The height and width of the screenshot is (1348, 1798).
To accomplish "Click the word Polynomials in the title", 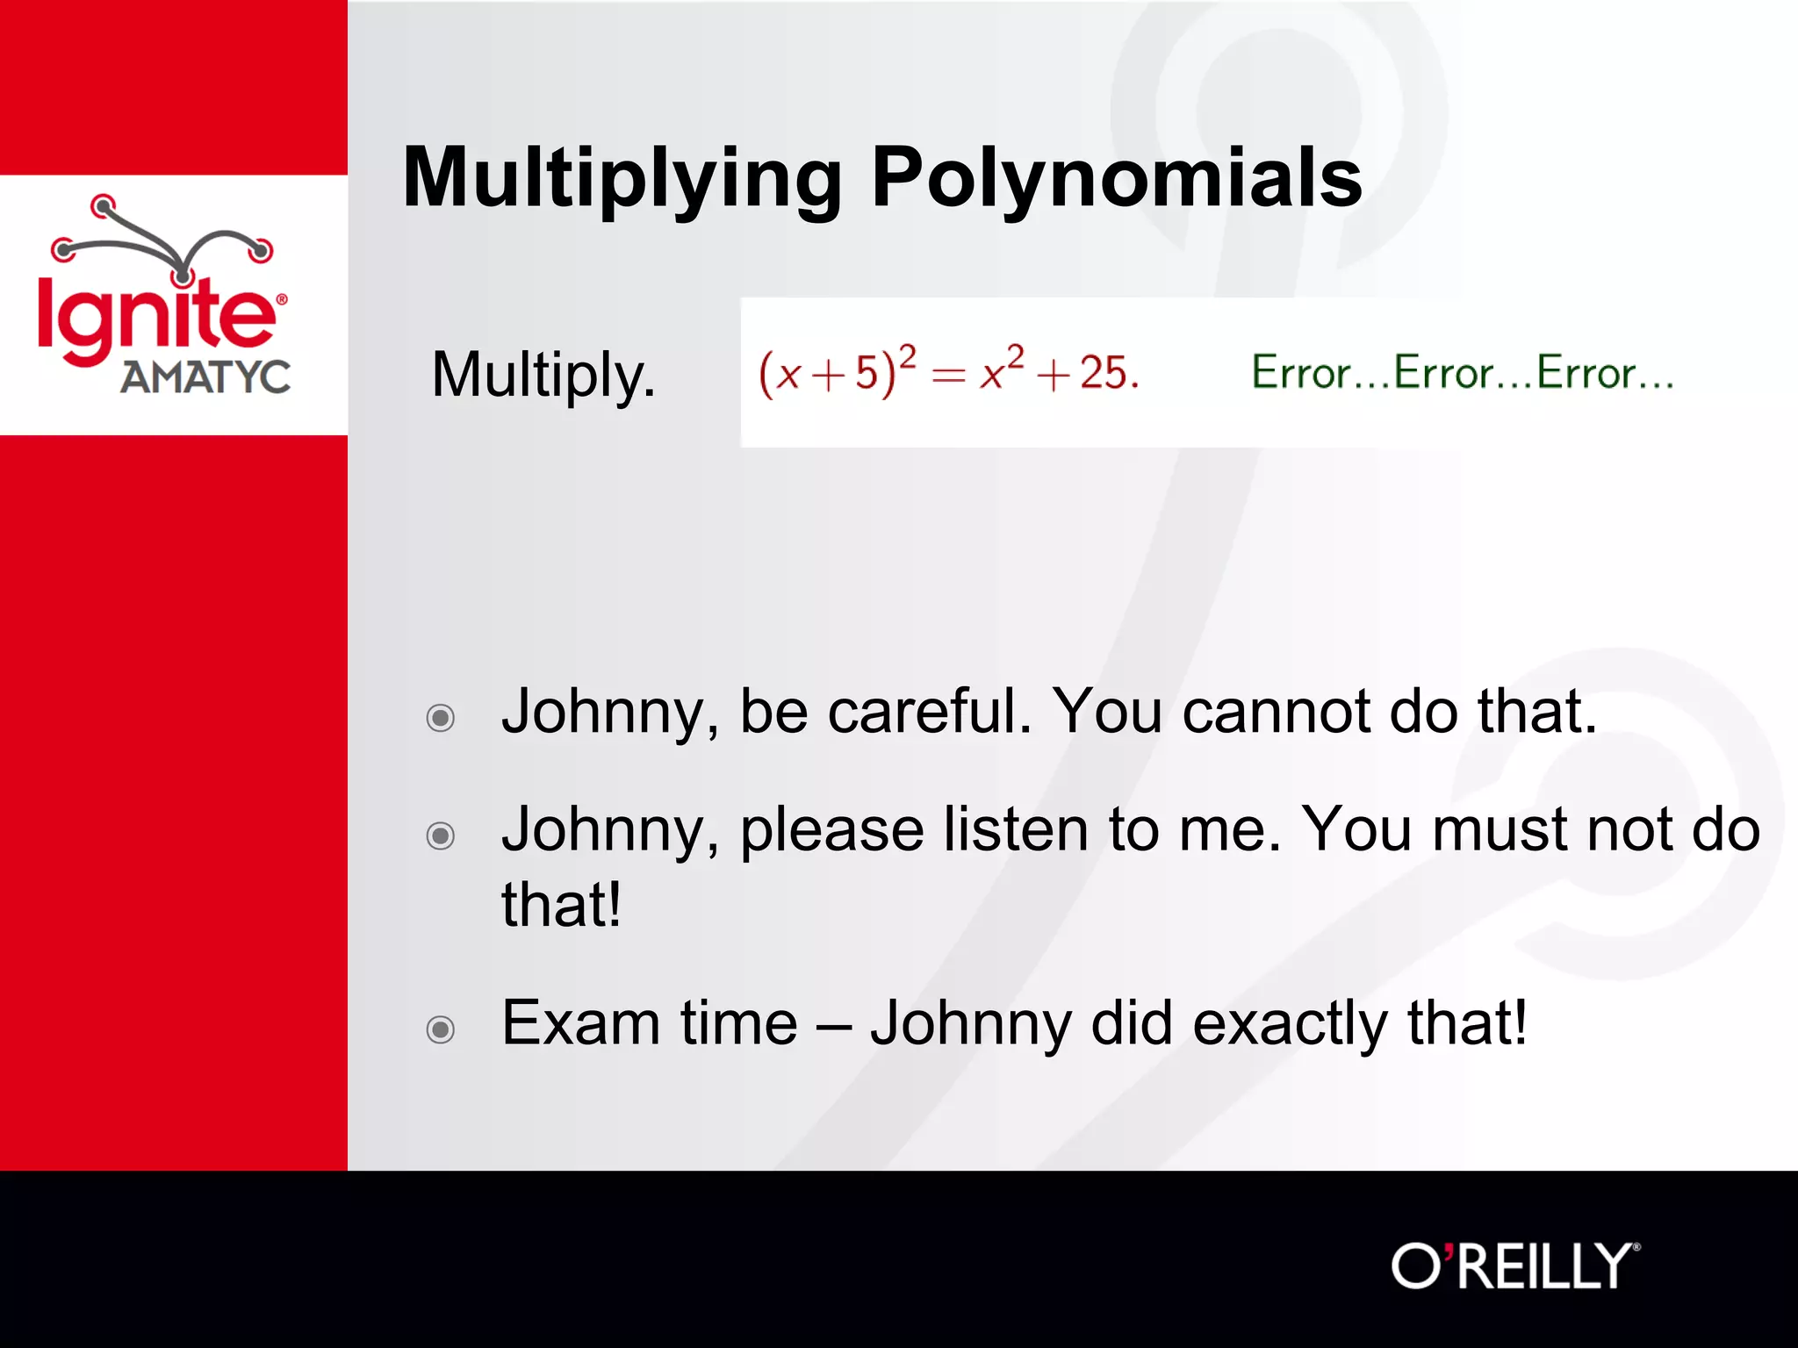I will click(1116, 178).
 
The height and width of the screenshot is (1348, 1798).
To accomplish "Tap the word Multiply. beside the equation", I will click(543, 375).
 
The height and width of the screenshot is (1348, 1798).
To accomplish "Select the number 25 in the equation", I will click(1104, 372).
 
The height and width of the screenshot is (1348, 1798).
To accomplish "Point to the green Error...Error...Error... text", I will click(1462, 372).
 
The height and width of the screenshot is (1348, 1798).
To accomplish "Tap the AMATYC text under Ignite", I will click(205, 378).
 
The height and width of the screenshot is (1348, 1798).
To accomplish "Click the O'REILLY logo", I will click(1514, 1266).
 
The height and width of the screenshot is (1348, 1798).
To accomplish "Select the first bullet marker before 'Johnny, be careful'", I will click(440, 718).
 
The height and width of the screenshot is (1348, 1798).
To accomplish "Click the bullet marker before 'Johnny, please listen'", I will click(440, 835).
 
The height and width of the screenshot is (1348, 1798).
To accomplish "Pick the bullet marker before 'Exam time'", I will click(440, 1029).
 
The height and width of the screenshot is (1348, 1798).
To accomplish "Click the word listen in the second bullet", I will click(1016, 829).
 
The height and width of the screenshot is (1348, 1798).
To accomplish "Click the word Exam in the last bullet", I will click(580, 1023).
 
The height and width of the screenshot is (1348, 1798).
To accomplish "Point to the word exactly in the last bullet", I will click(1290, 1023).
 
